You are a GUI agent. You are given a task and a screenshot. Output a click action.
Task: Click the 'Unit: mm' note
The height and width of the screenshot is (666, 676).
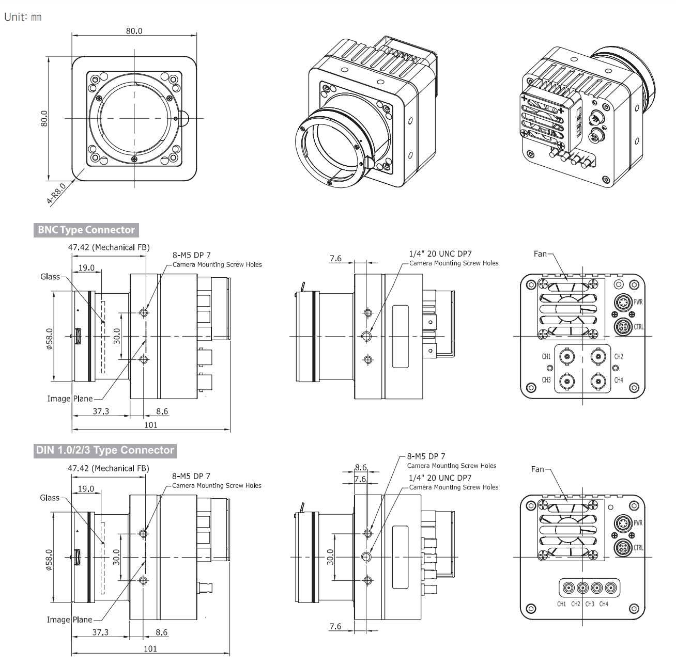(23, 17)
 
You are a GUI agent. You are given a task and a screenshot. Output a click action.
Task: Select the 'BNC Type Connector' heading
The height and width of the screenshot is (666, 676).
(86, 230)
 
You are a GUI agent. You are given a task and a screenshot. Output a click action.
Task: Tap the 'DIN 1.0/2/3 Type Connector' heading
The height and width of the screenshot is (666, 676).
(105, 450)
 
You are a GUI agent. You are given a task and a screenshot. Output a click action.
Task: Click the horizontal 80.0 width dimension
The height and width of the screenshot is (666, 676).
(134, 31)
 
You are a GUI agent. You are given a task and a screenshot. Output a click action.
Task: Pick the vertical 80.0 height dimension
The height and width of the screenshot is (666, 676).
(44, 118)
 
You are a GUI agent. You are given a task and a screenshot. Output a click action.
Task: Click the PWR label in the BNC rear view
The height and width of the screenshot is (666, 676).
(638, 302)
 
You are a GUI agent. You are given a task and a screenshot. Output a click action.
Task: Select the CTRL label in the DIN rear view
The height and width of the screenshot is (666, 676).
(638, 548)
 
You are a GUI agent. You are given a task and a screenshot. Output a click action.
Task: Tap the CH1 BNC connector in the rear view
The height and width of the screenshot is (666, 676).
(567, 356)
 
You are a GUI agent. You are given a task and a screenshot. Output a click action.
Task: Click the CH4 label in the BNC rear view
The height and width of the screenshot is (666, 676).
(619, 380)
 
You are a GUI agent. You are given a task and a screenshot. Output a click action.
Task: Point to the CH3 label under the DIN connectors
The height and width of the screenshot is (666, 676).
(590, 604)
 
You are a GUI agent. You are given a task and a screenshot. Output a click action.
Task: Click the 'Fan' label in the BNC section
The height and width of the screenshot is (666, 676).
(540, 253)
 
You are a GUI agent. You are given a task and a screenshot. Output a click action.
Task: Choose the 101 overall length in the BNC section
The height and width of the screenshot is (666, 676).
(150, 425)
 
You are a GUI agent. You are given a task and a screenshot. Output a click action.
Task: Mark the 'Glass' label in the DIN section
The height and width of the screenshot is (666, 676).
(50, 498)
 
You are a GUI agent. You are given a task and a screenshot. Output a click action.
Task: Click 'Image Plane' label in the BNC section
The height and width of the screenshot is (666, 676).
(70, 399)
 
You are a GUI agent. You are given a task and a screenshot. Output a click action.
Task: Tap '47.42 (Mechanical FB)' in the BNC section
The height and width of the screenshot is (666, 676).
(109, 247)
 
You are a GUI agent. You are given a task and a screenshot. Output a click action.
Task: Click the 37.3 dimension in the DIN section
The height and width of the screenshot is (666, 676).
(100, 632)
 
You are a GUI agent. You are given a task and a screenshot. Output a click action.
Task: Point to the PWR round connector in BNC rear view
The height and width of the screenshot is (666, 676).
(622, 302)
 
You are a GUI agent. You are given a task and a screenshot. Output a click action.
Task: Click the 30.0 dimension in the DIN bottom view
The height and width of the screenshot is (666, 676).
(331, 557)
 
